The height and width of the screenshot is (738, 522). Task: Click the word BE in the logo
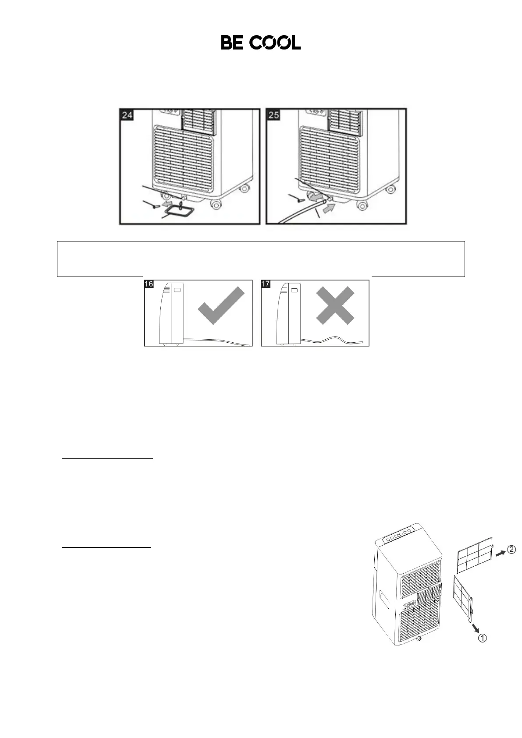233,43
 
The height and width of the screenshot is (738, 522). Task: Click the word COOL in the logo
275,43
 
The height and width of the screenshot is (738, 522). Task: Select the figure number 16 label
149,284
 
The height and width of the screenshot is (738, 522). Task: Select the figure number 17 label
266,284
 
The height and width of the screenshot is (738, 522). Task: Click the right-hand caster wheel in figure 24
215,204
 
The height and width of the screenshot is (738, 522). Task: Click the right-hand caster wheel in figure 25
362,205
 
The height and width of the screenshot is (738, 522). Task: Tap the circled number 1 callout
482,638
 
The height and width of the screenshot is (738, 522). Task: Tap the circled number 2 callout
512,549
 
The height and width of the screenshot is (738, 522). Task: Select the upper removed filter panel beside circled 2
475,556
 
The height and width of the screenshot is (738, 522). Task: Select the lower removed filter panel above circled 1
462,598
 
